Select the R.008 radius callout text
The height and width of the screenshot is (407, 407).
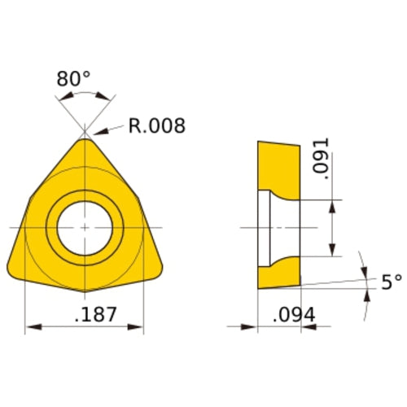[x=156, y=126]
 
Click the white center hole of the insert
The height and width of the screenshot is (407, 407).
[x=85, y=226]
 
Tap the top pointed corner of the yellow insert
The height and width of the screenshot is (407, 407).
[x=85, y=140]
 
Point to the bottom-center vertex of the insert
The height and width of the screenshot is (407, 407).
[x=85, y=291]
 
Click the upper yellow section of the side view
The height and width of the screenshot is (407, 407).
[x=278, y=166]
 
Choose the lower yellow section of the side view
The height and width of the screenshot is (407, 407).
[x=278, y=273]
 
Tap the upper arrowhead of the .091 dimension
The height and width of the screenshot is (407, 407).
[x=332, y=205]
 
